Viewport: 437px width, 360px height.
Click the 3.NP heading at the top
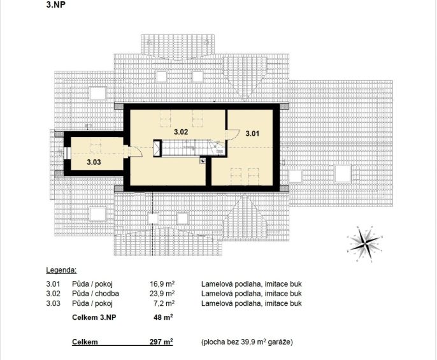[56, 5]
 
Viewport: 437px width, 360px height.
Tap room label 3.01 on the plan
[252, 134]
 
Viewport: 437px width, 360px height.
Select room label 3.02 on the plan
[181, 132]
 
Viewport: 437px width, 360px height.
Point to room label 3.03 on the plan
[94, 162]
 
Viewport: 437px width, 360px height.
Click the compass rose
[365, 243]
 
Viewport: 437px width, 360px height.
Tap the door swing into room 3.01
[232, 134]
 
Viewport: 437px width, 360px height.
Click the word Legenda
[61, 270]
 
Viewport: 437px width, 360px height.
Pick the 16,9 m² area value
[162, 284]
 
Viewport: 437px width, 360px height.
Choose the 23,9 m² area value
[162, 293]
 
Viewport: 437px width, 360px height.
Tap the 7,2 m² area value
[164, 303]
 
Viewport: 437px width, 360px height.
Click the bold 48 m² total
[163, 317]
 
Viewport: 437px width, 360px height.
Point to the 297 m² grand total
[161, 342]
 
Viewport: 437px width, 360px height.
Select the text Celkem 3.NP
[94, 317]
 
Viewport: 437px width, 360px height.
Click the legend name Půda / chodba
[96, 294]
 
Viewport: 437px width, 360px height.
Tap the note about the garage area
[247, 342]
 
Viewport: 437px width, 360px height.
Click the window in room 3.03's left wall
[67, 153]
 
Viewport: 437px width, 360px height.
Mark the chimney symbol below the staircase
[203, 161]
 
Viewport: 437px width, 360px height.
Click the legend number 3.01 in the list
[53, 284]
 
